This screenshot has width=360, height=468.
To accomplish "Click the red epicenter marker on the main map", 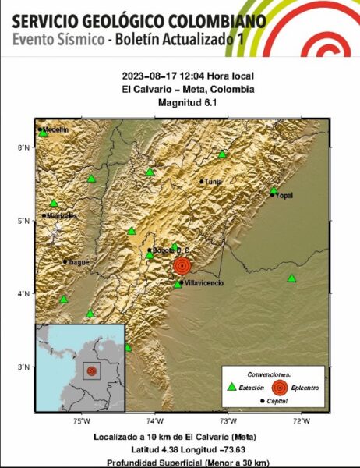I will click(182, 265).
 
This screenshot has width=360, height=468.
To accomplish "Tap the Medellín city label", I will click(55, 129).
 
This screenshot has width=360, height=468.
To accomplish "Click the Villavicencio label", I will click(202, 283).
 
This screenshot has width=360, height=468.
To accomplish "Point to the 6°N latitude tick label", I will click(25, 147).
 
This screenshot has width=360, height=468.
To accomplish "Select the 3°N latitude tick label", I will click(25, 366).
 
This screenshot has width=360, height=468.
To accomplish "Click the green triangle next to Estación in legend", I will click(231, 386).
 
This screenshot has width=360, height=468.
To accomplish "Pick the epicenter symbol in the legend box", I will click(281, 386).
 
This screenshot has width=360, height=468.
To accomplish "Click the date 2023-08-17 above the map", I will click(146, 76).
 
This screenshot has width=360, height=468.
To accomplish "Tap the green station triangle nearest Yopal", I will click(274, 190).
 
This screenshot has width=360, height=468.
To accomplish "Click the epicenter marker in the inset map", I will click(92, 371).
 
